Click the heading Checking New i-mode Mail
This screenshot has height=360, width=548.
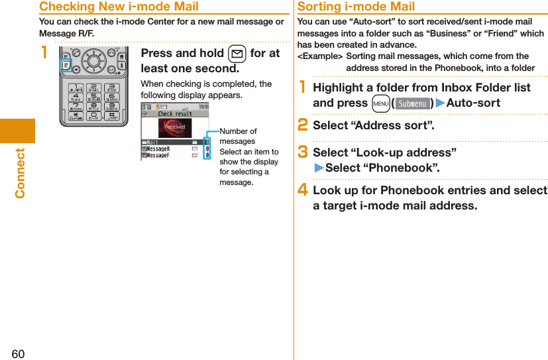point(119,7)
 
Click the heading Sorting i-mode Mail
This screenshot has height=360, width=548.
point(356,7)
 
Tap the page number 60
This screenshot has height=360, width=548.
point(18,353)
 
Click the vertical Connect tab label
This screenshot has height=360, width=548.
point(20,172)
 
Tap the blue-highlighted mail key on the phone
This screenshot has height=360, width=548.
point(66,66)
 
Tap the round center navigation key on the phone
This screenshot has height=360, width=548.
point(93,61)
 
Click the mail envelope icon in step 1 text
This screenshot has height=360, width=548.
point(237,54)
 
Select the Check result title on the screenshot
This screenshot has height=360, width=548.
point(174,113)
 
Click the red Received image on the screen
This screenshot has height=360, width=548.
point(175,127)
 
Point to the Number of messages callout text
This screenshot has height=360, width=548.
point(238,137)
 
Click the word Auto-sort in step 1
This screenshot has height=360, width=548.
point(473,103)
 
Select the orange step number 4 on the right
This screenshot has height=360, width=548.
point(303,191)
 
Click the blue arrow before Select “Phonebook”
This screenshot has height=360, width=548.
point(318,168)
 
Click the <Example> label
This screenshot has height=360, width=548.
point(320,56)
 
